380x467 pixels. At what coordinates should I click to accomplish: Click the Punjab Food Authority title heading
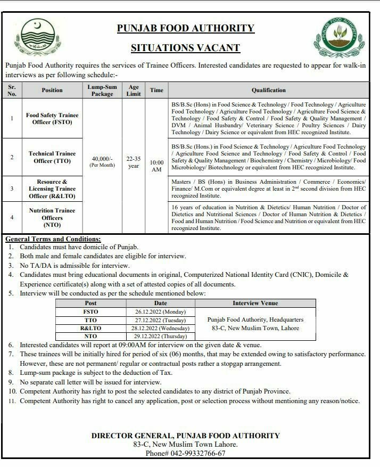186,28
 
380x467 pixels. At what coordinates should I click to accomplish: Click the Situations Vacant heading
186,48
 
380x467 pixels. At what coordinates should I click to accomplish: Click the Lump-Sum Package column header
102,90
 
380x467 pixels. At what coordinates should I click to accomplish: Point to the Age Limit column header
134,90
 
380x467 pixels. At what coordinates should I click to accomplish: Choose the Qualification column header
269,90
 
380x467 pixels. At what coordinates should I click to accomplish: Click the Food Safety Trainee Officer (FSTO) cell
52,118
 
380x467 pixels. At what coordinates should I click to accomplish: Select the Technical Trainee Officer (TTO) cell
52,157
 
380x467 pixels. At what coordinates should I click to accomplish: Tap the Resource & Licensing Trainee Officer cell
52,189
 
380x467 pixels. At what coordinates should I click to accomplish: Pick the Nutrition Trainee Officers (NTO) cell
52,217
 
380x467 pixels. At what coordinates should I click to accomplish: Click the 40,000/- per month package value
102,161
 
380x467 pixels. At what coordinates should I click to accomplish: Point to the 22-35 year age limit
134,162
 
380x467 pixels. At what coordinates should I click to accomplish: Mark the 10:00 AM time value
156,165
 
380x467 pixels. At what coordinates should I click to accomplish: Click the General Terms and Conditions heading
53,239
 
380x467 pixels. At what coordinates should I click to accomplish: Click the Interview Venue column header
255,303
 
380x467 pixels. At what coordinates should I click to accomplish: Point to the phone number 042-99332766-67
185,454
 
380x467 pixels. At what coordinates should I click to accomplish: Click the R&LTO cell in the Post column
91,329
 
